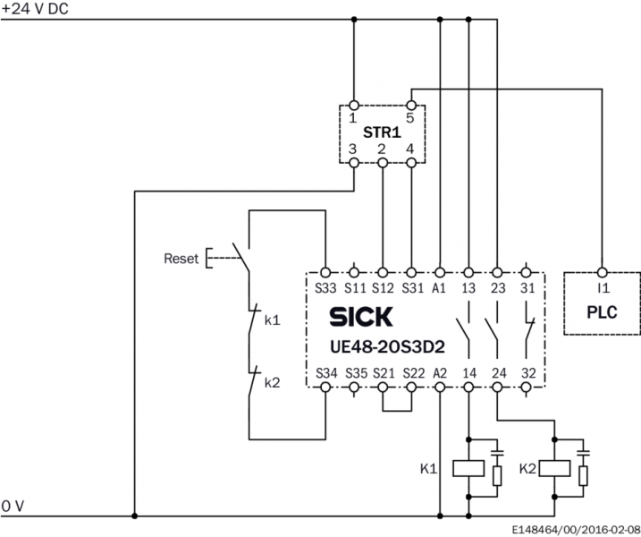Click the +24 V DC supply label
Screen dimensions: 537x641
35,8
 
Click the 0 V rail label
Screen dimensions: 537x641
13,507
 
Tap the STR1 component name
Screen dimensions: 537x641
382,132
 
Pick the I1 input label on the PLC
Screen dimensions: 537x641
603,287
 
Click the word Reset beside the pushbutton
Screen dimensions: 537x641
181,259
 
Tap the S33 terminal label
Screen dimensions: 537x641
325,287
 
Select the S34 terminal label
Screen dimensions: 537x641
325,373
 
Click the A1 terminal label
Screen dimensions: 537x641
440,287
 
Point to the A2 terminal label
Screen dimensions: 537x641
440,373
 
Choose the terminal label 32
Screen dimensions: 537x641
527,373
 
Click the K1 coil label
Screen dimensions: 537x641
430,467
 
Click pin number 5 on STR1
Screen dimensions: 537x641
411,117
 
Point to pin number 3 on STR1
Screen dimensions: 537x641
353,148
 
